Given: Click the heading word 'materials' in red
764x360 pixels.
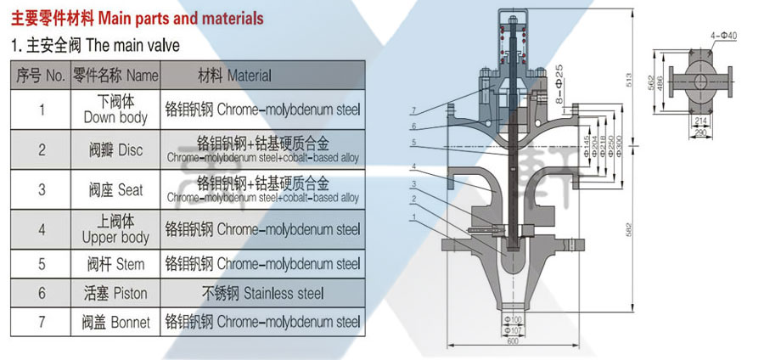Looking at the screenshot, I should (232, 18).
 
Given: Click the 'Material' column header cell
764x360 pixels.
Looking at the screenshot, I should (235, 76).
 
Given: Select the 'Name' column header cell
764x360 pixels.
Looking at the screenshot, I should (116, 76).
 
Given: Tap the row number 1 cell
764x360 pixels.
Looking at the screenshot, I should (42, 110).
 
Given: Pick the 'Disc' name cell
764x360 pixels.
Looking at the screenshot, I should (116, 150).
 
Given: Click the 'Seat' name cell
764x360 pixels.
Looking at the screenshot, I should (116, 190).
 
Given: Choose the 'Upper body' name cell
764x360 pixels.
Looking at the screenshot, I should (116, 229).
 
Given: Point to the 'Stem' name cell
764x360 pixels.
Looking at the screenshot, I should (116, 264).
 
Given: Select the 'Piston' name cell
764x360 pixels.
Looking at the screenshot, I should (116, 293).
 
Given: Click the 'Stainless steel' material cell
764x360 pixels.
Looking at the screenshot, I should (262, 294).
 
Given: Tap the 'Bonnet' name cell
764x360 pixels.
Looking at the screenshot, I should (116, 322).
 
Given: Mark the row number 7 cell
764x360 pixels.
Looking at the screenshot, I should (42, 322).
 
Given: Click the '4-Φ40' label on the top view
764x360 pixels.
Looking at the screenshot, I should (722, 36).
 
